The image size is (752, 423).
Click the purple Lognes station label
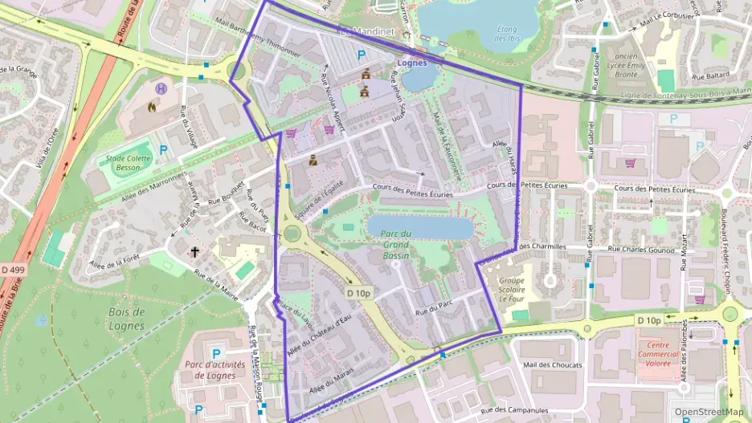tap(412, 62)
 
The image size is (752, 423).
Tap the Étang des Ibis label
tap(506, 34)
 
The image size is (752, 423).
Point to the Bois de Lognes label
tap(127, 318)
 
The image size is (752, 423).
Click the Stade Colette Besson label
tap(124, 164)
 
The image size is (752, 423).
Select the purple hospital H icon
tap(162, 89)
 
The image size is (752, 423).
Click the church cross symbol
tap(194, 252)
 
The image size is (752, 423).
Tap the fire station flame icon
tap(153, 106)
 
